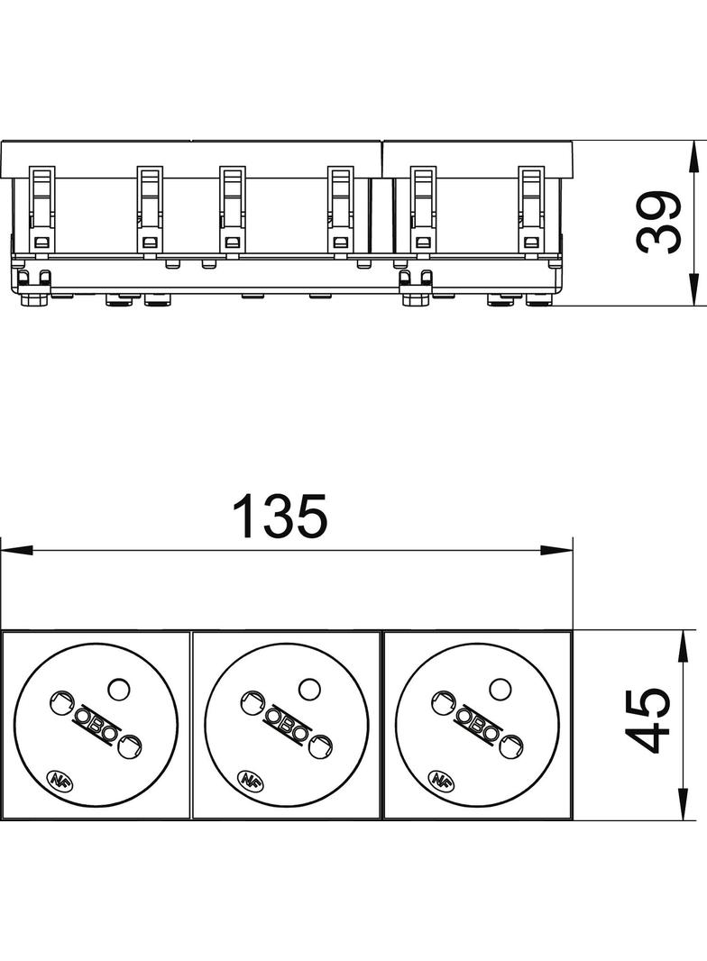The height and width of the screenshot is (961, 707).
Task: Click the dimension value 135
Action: [280, 516]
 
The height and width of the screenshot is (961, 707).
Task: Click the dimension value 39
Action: [659, 223]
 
